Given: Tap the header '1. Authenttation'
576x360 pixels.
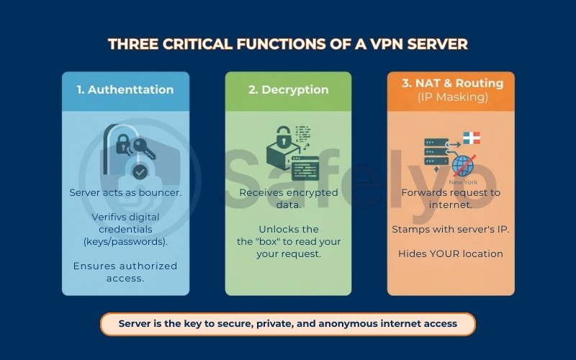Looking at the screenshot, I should point(125,90).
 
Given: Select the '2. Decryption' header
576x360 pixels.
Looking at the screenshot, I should point(288,90).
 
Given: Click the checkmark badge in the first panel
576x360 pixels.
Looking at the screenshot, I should point(140,172).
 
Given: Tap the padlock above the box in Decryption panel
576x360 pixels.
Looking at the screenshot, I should point(282,135).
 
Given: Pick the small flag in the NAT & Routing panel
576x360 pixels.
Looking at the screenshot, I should point(471,138).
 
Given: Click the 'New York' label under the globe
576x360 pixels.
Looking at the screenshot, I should point(463,182).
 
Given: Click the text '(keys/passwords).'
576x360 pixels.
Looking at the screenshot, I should point(125,241).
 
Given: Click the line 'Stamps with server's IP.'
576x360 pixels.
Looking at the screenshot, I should point(450,229).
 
